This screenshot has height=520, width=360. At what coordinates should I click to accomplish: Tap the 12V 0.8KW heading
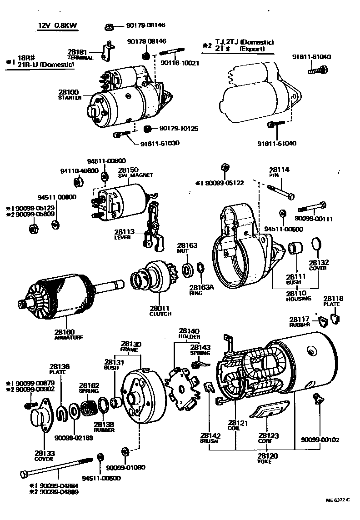pos(57,26)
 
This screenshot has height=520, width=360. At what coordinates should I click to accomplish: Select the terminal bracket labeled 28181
pos(107,50)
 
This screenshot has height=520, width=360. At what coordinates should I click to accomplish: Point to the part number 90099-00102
pos(320,440)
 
